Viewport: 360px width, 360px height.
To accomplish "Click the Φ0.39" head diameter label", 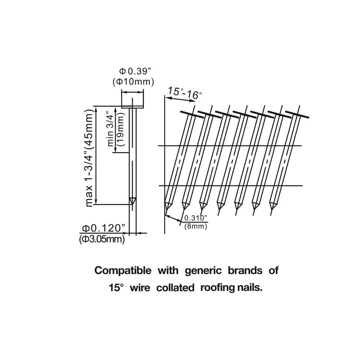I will [133, 71].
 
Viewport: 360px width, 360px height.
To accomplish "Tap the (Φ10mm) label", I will [133, 82].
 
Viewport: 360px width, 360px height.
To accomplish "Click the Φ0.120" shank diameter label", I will [103, 228].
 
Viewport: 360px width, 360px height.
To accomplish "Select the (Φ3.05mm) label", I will [102, 239].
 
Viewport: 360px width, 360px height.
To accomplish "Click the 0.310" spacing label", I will [196, 218].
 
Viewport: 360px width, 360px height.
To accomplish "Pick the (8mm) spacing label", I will [195, 227].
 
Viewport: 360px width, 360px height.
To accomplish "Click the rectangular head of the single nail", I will [133, 99].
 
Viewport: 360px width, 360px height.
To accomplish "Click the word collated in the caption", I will [176, 288].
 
